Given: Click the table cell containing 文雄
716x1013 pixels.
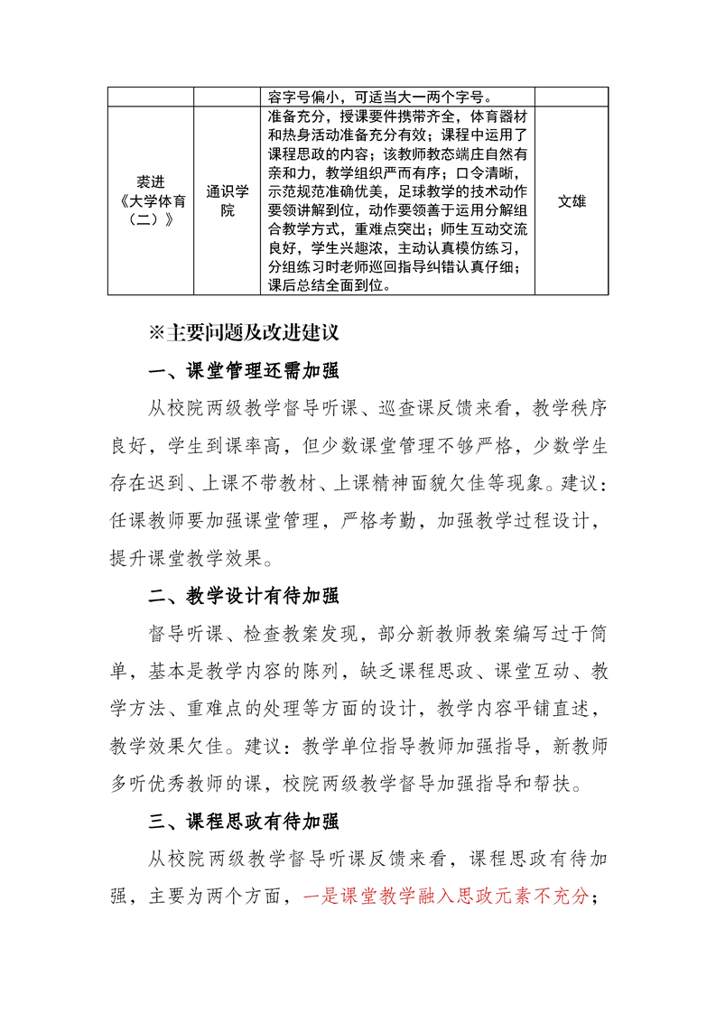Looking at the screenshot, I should click(572, 201).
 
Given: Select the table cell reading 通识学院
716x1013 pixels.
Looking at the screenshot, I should click(227, 201).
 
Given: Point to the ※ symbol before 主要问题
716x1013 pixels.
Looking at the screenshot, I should click(157, 332).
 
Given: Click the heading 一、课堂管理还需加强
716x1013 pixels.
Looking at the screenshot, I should click(244, 371).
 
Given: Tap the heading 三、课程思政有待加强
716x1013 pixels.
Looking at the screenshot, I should click(244, 821).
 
